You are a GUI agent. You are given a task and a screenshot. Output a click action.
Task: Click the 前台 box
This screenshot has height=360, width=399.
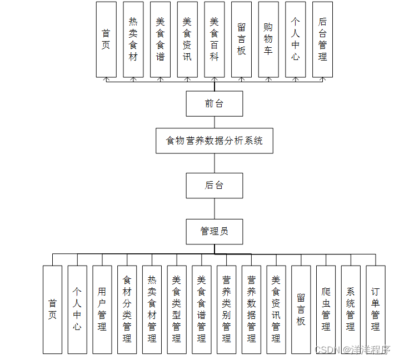click(x=214, y=103)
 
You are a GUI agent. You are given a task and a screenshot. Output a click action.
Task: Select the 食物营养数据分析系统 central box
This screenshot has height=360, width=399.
click(x=214, y=141)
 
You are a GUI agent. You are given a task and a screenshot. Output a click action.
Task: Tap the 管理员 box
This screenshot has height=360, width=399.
click(x=214, y=231)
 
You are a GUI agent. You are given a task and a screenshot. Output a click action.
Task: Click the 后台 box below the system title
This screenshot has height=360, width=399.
click(x=214, y=186)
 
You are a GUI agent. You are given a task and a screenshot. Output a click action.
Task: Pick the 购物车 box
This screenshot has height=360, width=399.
click(x=268, y=39)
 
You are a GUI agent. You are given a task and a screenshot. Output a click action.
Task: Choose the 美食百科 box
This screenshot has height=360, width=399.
click(x=215, y=39)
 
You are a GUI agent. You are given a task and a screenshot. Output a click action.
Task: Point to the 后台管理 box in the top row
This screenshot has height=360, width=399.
click(x=322, y=39)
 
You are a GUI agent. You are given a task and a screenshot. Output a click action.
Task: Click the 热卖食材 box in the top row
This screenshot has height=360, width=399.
click(x=133, y=39)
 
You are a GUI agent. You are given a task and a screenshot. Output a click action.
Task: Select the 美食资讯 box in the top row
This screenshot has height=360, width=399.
click(x=187, y=39)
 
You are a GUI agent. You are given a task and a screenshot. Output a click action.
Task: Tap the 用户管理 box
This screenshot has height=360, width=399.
click(x=102, y=309)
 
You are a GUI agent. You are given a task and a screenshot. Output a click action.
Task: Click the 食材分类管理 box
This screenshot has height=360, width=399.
click(x=127, y=309)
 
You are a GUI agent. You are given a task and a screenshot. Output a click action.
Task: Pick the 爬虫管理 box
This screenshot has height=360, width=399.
click(x=326, y=309)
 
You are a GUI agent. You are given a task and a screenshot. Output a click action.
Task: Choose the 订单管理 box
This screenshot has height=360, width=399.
click(x=376, y=309)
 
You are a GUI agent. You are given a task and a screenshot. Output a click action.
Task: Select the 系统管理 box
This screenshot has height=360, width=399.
click(x=351, y=309)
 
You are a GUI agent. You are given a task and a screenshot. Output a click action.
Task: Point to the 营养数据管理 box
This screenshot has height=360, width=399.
click(x=251, y=309)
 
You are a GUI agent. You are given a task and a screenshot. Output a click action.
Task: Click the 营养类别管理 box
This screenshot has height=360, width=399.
click(x=226, y=309)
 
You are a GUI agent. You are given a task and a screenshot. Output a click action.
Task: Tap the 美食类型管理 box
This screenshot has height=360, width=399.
click(x=177, y=309)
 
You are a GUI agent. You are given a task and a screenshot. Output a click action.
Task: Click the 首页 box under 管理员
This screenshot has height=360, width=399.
click(x=52, y=309)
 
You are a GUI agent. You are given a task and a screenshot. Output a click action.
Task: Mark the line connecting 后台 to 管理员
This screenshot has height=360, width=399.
click(x=215, y=208)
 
